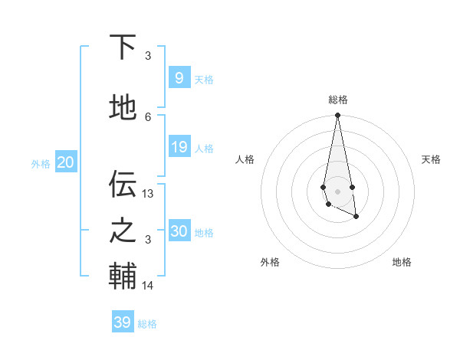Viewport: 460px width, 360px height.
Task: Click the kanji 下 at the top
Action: (x=123, y=47)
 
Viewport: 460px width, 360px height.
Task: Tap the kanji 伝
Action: (x=123, y=184)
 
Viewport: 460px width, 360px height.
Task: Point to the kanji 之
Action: (x=123, y=231)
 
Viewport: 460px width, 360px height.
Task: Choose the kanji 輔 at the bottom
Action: (x=123, y=277)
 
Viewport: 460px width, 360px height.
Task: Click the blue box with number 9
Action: (x=179, y=78)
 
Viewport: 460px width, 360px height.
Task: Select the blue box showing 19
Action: (x=179, y=148)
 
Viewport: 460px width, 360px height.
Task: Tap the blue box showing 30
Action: (x=179, y=231)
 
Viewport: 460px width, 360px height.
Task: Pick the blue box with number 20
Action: (x=65, y=162)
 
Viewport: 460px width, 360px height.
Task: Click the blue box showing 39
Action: (x=122, y=322)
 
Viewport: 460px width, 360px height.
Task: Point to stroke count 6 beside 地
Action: (x=148, y=116)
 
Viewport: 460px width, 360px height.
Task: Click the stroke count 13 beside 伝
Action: (x=148, y=194)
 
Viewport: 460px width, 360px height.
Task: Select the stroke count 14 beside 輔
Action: (x=148, y=286)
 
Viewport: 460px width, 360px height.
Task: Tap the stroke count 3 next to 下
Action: (x=148, y=56)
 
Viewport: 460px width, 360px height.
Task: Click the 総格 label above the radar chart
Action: (x=337, y=100)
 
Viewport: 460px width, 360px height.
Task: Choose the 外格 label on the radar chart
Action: (x=270, y=262)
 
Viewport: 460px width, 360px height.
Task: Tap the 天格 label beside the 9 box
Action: (x=204, y=80)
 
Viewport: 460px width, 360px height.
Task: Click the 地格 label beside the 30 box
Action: (x=204, y=233)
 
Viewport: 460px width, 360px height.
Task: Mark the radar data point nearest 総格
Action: (x=337, y=116)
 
